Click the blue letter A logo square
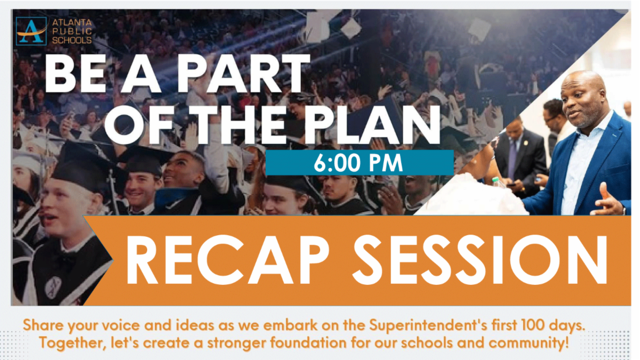(31, 31)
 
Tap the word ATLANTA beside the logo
(72, 22)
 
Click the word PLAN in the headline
(373, 125)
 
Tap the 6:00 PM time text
(358, 163)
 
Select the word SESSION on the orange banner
(480, 260)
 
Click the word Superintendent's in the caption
(428, 325)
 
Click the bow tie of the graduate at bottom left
(66, 259)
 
